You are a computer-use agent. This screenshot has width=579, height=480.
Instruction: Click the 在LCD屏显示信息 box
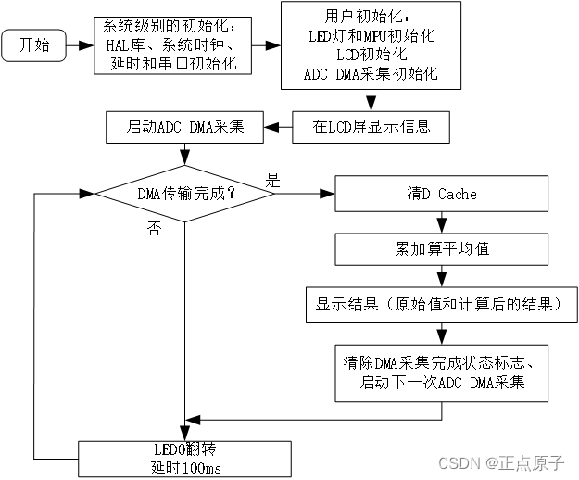click(371, 127)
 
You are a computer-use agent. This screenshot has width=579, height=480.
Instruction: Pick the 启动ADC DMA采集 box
click(186, 127)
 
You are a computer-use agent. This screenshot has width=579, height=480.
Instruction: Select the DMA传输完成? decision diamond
click(185, 195)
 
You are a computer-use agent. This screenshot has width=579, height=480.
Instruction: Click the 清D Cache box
click(443, 195)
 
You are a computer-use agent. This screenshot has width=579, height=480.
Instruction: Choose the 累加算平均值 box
click(443, 248)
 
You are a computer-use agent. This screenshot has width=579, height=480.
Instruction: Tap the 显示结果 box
click(443, 304)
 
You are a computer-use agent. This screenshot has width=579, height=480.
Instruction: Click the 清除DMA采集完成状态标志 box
click(443, 373)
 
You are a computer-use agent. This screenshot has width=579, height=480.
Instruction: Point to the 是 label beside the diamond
click(273, 180)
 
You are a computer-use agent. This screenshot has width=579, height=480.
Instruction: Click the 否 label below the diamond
click(153, 229)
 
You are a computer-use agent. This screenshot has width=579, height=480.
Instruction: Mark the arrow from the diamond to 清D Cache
click(305, 195)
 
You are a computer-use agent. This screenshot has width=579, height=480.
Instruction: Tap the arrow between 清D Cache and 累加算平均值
click(443, 221)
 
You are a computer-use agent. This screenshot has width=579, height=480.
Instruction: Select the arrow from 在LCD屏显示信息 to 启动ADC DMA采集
click(278, 127)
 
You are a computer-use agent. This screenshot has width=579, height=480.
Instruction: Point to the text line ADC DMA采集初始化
click(371, 73)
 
